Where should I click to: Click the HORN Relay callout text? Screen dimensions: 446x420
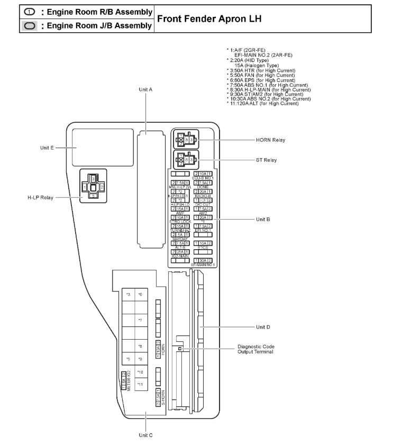coord(270,140)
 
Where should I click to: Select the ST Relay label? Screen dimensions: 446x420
coord(266,160)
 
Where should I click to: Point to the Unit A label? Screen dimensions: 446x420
coord(145,90)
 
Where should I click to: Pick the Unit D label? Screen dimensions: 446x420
coord(263,327)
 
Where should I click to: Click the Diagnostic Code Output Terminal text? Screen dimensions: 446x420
coord(255,349)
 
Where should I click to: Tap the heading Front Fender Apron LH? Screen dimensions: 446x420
coord(209,19)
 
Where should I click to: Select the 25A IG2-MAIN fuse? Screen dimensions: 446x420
coord(180,251)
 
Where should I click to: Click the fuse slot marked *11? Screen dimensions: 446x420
coord(140,384)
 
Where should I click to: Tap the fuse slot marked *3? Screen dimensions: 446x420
coord(128,294)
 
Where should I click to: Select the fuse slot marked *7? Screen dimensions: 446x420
coord(140,321)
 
